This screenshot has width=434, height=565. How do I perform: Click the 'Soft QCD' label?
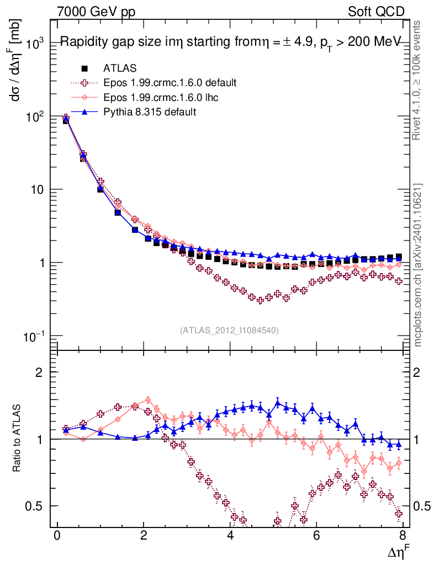pos(376,12)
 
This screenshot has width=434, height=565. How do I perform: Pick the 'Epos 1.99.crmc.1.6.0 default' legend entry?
pos(170,83)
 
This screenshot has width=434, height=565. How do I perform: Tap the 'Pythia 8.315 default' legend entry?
pos(149,112)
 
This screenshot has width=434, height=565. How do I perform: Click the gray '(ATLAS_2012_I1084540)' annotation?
pos(229,330)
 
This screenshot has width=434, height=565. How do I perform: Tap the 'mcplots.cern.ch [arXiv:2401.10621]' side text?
pos(419,265)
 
